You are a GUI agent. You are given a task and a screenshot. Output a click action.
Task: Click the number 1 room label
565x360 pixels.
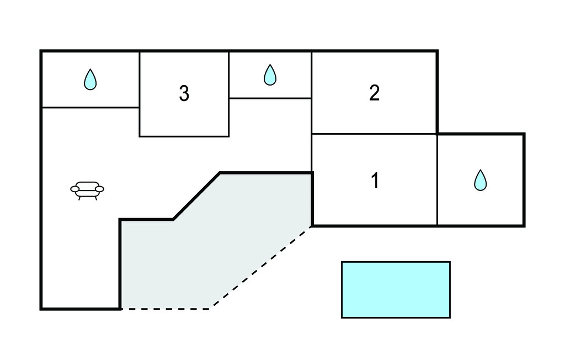(375, 181)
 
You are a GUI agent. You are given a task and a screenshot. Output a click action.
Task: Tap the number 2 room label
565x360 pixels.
(375, 93)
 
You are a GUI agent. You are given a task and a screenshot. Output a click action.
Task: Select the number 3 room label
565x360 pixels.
(184, 93)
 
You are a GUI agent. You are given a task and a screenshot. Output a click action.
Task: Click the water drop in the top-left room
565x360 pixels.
(90, 80)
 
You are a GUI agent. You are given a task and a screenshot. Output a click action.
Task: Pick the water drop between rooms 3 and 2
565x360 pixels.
(270, 75)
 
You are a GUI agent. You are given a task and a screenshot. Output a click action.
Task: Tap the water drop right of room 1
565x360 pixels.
(481, 180)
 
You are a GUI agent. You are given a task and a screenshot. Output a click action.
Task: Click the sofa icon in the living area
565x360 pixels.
(87, 190)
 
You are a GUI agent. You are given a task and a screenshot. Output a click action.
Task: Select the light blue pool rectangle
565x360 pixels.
(396, 290)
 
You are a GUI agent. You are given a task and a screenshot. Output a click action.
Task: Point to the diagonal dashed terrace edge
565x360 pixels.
(262, 267)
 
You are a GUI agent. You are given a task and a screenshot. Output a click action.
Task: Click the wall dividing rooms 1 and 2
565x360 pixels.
(375, 134)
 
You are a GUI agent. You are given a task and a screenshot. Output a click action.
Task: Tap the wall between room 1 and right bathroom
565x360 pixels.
(438, 179)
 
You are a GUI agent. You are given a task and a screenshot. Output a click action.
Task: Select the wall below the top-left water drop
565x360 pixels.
(91, 107)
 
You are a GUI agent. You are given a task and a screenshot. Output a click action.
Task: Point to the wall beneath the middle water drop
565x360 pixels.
(270, 98)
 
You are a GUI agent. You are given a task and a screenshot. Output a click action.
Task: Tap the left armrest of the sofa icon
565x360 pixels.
(74, 189)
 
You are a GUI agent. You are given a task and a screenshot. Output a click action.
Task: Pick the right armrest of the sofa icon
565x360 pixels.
(100, 189)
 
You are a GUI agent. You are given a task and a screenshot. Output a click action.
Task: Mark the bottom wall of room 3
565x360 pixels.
(184, 136)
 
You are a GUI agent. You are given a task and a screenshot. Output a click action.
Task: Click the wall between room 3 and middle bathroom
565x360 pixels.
(229, 94)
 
